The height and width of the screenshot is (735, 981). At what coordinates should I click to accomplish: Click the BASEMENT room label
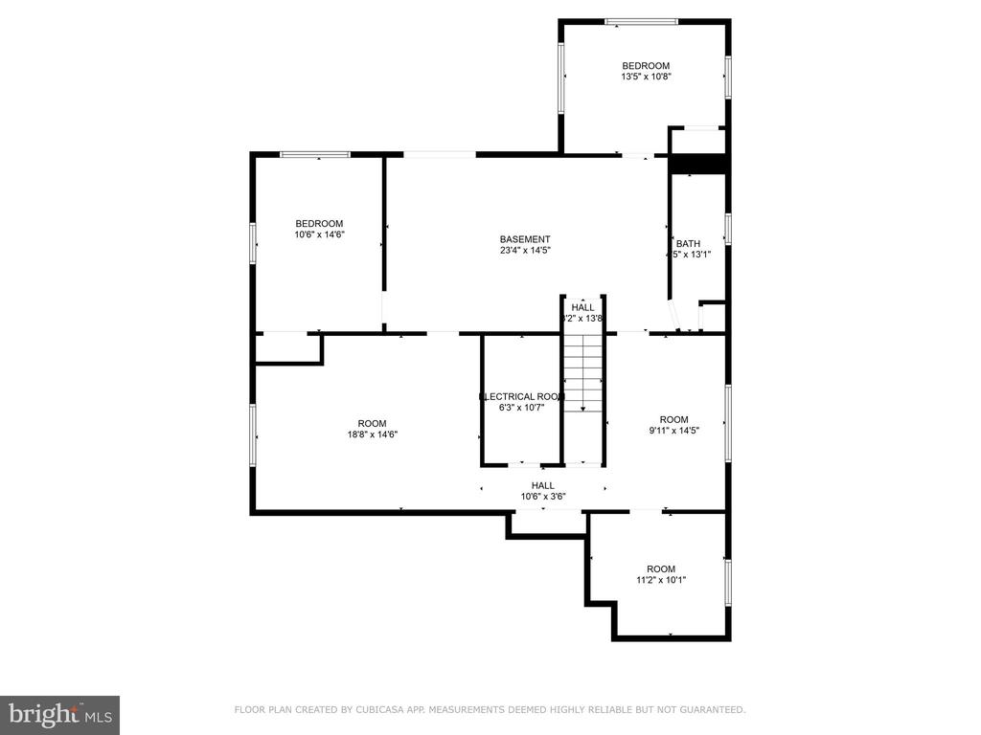pyautogui.click(x=525, y=239)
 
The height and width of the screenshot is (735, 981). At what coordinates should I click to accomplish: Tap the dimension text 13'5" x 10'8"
pyautogui.click(x=647, y=77)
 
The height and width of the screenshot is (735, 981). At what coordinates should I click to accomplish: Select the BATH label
pyautogui.click(x=688, y=243)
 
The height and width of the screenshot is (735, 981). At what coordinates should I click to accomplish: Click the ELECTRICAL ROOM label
pyautogui.click(x=522, y=396)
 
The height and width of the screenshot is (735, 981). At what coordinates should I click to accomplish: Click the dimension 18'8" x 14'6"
pyautogui.click(x=372, y=434)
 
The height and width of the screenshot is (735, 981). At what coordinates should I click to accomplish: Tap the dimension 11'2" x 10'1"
pyautogui.click(x=661, y=580)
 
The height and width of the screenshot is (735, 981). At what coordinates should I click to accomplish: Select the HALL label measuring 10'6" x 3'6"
pyautogui.click(x=543, y=485)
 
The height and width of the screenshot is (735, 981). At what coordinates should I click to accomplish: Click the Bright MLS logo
pyautogui.click(x=59, y=714)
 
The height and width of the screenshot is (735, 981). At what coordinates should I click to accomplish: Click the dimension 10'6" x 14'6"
pyautogui.click(x=319, y=234)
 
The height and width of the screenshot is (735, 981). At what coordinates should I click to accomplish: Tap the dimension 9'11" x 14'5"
pyautogui.click(x=673, y=431)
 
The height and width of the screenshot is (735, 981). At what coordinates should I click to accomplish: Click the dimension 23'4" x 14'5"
pyautogui.click(x=525, y=251)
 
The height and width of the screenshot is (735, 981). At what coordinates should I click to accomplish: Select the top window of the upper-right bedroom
pyautogui.click(x=641, y=21)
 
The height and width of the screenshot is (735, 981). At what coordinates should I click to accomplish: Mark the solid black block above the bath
pyautogui.click(x=699, y=165)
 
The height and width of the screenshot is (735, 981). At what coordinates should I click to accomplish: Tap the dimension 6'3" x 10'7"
pyautogui.click(x=521, y=407)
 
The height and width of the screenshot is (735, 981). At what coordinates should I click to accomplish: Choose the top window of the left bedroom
pyautogui.click(x=314, y=154)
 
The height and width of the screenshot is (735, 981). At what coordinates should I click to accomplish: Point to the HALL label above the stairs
pyautogui.click(x=583, y=307)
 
